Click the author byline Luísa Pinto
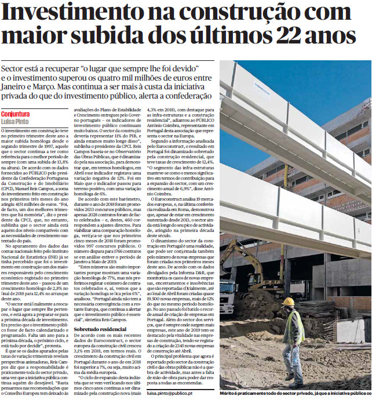click(x=16, y=121)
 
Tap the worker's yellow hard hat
click(x=288, y=301)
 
